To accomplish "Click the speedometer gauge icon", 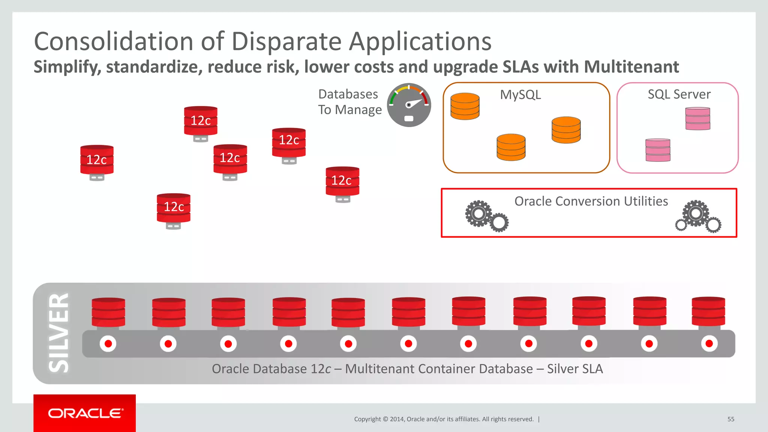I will click(x=409, y=105).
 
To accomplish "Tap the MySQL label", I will click(x=520, y=94).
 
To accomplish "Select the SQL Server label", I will click(x=679, y=94).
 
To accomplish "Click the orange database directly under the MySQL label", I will click(x=511, y=147).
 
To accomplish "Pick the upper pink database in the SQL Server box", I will click(x=697, y=118).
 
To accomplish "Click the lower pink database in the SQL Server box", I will click(x=658, y=150).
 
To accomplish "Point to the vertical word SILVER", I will click(x=59, y=333).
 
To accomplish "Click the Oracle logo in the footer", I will click(x=85, y=413).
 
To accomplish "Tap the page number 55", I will click(x=730, y=419).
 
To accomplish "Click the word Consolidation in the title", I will click(x=113, y=41).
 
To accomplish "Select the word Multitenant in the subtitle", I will click(x=631, y=67).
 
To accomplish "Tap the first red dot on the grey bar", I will click(x=108, y=343).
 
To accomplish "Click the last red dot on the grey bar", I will click(x=709, y=343).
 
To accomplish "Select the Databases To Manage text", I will click(x=349, y=102).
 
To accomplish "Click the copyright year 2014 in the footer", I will click(x=397, y=419).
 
